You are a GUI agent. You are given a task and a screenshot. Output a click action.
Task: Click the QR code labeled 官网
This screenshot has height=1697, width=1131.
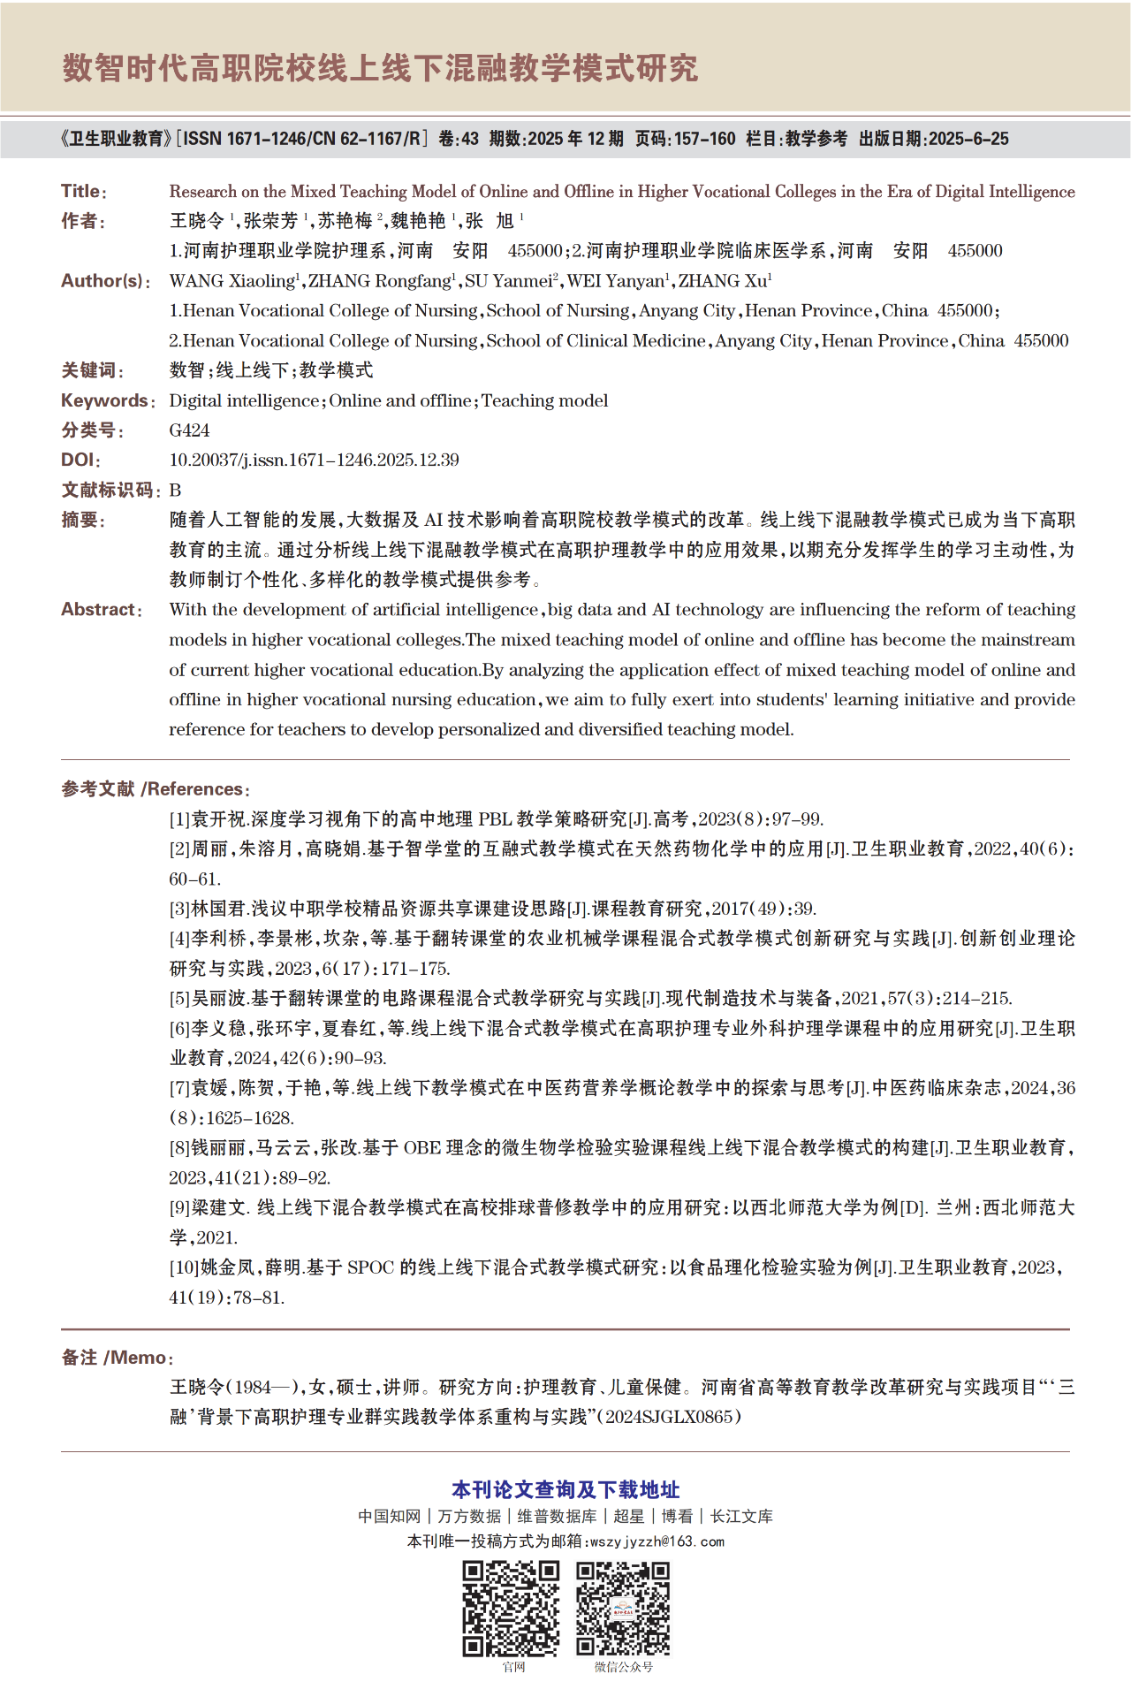pos(512,1608)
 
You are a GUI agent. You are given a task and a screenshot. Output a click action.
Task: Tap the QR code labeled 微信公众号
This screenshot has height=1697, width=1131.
pos(623,1608)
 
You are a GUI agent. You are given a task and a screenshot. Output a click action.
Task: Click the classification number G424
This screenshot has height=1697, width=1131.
pos(189,430)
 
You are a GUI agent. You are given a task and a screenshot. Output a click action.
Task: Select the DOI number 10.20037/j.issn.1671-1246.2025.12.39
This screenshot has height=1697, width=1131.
pos(314,460)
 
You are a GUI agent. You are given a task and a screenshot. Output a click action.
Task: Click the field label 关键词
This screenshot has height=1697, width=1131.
pos(92,370)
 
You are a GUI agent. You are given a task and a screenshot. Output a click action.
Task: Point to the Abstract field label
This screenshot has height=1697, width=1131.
pos(100,610)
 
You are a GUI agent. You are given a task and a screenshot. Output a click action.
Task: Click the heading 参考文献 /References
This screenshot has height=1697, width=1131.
pos(156,789)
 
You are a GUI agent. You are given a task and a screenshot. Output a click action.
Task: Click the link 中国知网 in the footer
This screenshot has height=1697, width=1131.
pos(389,1517)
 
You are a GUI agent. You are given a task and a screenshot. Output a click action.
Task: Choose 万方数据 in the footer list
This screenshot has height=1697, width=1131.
pos(469,1517)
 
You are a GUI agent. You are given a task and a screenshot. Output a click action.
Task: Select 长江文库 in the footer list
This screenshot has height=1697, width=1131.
pos(741,1517)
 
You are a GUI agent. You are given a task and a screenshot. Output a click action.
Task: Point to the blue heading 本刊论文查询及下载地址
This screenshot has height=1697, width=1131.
pos(565,1490)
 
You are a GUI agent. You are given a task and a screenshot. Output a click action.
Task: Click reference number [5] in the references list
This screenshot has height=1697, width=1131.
pos(179,999)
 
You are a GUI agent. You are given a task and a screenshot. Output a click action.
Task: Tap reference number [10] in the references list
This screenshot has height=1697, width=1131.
pos(184,1267)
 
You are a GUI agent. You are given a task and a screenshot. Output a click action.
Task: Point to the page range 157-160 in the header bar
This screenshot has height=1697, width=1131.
pos(704,139)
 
